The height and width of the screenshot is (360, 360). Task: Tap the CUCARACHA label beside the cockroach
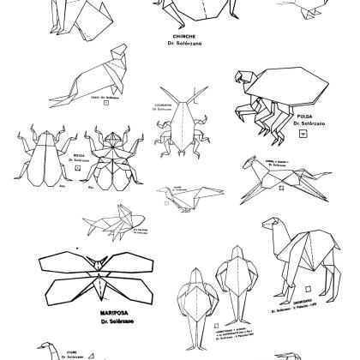164,106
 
